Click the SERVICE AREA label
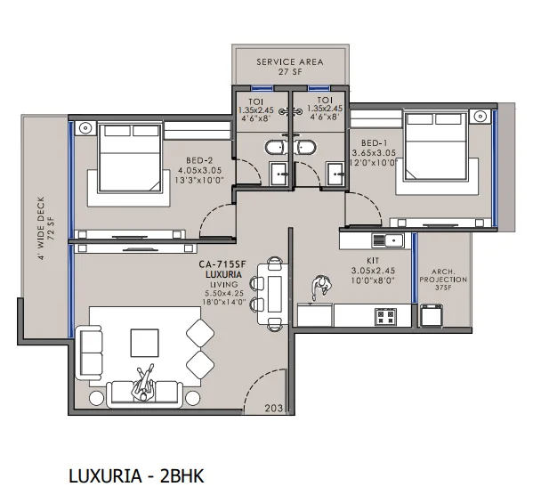pos(290,61)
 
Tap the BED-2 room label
pos(199,160)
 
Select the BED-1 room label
pos(374,143)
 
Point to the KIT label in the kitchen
pos(373,261)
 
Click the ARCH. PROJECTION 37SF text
pos(443,280)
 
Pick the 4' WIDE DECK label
pos(41,228)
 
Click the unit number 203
pos(273,409)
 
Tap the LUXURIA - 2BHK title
pos(136,476)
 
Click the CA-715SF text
pos(222,264)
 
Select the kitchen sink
pos(388,240)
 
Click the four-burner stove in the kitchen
pos(386,316)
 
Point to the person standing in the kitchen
pos(321,287)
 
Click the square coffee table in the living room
pos(144,343)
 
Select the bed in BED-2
pos(130,158)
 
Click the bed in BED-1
pos(435,147)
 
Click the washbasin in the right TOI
pos(335,174)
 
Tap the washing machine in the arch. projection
pos(432,315)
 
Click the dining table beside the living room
pos(273,294)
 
